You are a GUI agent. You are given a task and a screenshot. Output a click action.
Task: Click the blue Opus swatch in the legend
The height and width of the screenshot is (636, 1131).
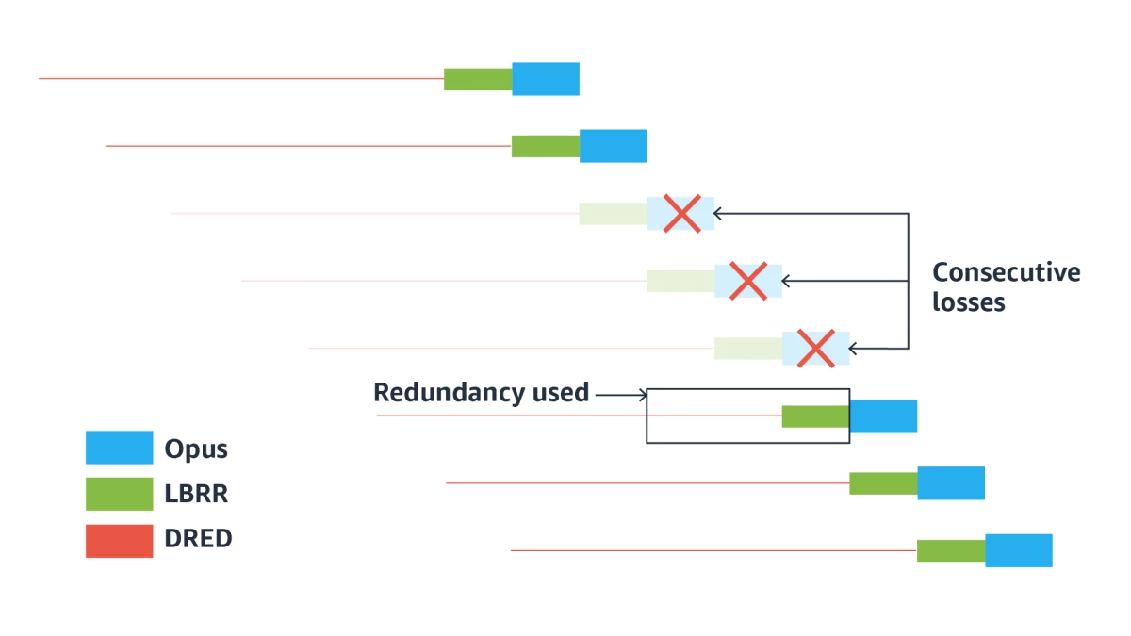(119, 448)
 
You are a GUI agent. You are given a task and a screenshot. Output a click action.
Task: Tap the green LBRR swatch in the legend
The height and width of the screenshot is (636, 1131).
(119, 494)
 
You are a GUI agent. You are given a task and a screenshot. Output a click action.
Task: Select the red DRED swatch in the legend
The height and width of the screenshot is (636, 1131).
(119, 541)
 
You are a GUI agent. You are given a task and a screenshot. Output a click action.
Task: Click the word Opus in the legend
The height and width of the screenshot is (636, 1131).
(196, 448)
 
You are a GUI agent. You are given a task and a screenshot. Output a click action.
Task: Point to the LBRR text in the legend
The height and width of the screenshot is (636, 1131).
(196, 494)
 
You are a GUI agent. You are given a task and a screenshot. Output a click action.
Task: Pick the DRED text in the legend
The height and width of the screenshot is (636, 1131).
(198, 539)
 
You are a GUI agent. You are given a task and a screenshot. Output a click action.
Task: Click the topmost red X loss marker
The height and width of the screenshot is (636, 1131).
(680, 214)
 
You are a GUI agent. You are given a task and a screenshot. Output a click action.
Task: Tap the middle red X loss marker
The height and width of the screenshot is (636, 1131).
(748, 281)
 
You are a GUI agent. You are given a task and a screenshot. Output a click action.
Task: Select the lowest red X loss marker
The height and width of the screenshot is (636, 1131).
(815, 348)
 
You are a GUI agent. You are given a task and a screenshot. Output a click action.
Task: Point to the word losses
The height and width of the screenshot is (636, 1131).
(968, 303)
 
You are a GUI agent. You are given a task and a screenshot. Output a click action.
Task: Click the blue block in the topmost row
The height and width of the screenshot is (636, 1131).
(546, 79)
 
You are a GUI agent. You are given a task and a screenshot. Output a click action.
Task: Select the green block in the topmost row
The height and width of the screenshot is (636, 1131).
(478, 79)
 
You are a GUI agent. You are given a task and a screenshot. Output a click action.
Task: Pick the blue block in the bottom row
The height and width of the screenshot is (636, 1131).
(1018, 550)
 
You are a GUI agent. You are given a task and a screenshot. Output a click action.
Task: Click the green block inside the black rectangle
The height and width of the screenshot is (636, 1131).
(815, 416)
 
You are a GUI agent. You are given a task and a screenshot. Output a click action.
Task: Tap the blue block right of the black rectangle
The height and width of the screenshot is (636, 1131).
(884, 416)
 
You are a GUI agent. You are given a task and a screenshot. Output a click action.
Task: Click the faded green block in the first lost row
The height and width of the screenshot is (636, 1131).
(613, 214)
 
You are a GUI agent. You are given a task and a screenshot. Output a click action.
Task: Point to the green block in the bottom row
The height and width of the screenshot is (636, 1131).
(951, 550)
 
